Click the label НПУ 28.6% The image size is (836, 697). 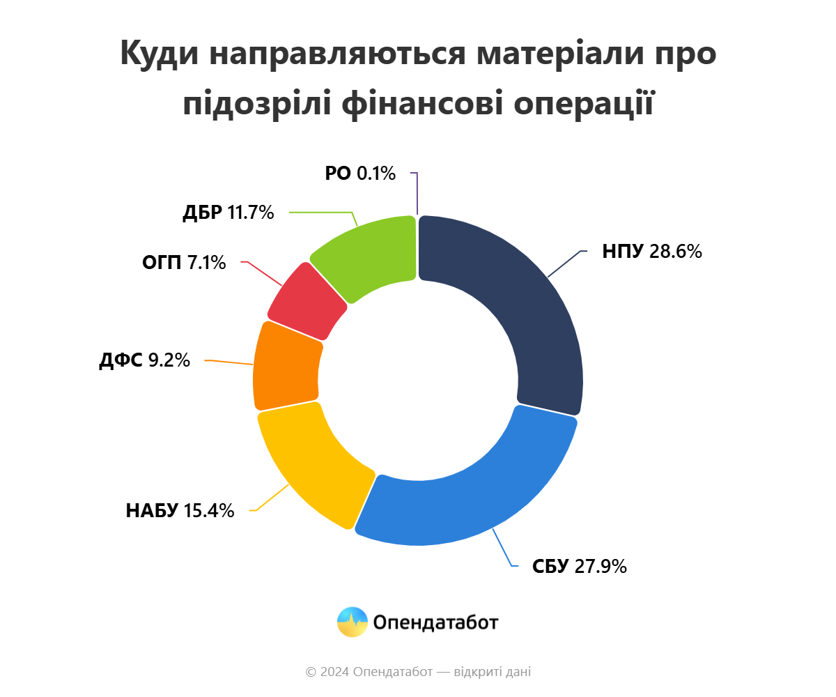651,252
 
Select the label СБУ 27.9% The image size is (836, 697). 580,566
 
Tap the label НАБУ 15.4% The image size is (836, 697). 180,510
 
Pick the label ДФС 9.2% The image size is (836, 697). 144,360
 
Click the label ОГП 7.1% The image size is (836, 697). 184,263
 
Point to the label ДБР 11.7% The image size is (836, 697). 228,213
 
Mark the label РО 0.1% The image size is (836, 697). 360,173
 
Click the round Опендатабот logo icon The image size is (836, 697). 352,622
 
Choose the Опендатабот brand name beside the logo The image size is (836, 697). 435,622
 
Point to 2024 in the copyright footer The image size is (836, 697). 334,672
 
